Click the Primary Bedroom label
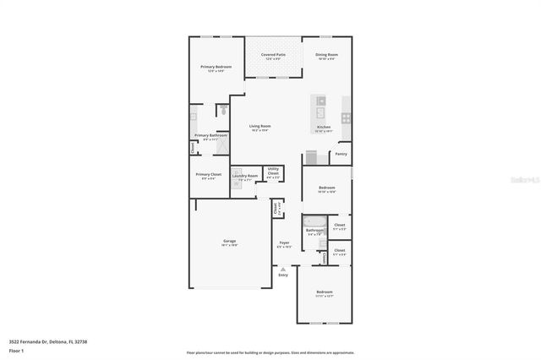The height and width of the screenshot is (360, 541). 216,67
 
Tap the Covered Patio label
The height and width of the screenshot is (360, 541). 273,55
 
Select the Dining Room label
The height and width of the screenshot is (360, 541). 326,55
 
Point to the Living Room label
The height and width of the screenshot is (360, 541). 259,126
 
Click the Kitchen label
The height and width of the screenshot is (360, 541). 324,128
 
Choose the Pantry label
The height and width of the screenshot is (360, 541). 341,154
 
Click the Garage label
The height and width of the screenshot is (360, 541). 229,241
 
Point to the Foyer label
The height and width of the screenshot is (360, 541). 285,243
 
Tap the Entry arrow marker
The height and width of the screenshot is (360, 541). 283,269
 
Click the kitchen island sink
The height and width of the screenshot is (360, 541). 320,101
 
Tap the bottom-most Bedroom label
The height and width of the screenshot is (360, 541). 325,292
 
